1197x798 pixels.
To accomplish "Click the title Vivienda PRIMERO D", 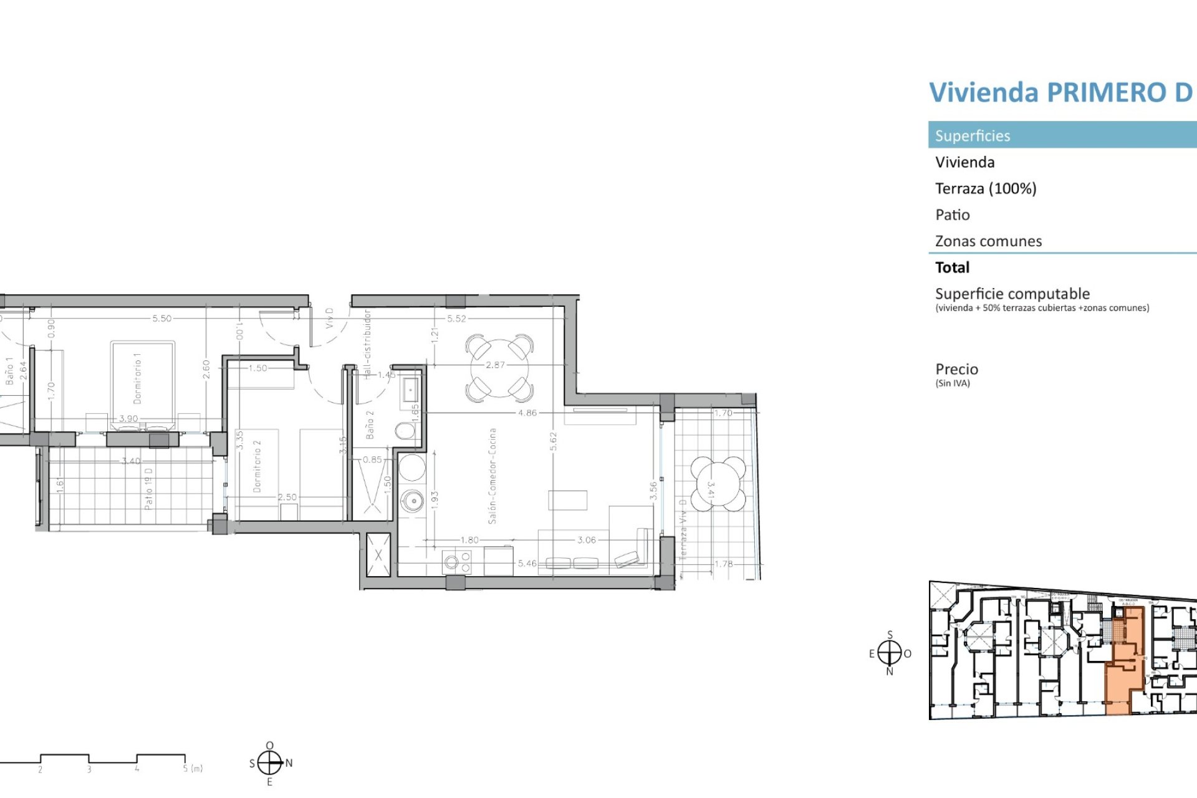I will [x=1060, y=92].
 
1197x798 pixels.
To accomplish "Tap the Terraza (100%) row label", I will [x=985, y=188].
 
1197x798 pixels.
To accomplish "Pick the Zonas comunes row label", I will [x=988, y=241].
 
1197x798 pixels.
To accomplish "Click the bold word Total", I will [x=952, y=267].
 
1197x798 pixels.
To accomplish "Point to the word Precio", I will [x=956, y=369].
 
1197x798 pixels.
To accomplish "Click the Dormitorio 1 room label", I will [x=137, y=378].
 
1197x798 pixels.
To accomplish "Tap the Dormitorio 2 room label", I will [x=257, y=466].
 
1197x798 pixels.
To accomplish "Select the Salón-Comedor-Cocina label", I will [x=492, y=475].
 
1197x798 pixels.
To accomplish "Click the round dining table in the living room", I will [x=499, y=368].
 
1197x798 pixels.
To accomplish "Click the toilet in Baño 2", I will [x=405, y=430].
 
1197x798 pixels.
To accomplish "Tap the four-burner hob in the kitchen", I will [x=457, y=562].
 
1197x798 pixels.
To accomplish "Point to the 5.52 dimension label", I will [x=456, y=319].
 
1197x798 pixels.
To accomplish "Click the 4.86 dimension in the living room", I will [x=527, y=413].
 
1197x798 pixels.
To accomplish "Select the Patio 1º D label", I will [x=148, y=489].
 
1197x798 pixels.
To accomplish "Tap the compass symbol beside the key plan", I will [x=890, y=653].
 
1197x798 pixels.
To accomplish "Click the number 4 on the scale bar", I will [x=137, y=769].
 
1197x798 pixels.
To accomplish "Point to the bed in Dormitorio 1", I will [x=143, y=383].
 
